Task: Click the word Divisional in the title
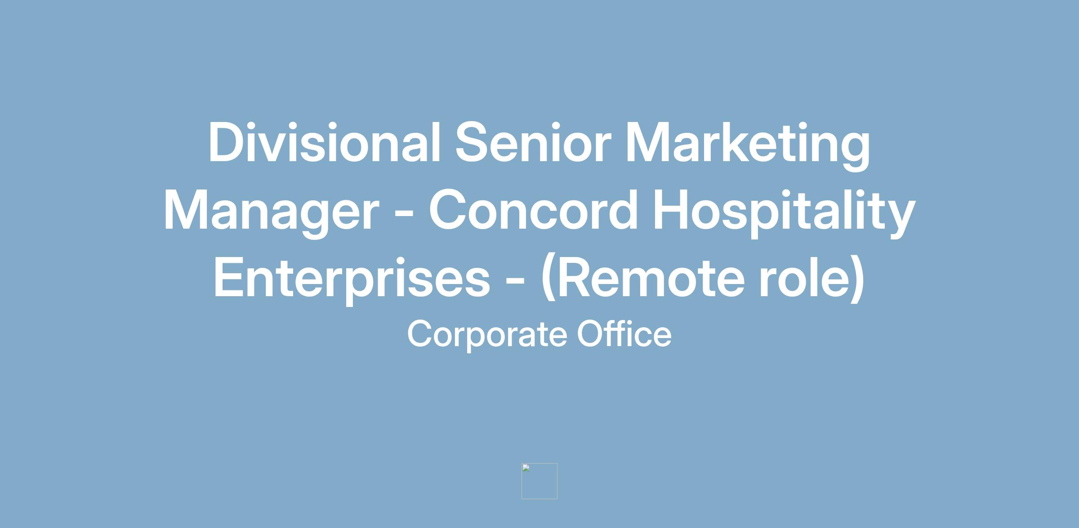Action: point(324,142)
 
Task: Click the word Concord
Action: point(533,209)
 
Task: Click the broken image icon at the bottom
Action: point(539,481)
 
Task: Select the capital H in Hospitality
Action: point(671,209)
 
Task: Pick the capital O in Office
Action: point(592,334)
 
